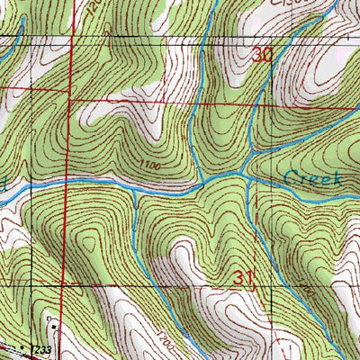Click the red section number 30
point(262,55)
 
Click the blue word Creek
point(312,177)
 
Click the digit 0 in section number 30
point(267,55)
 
